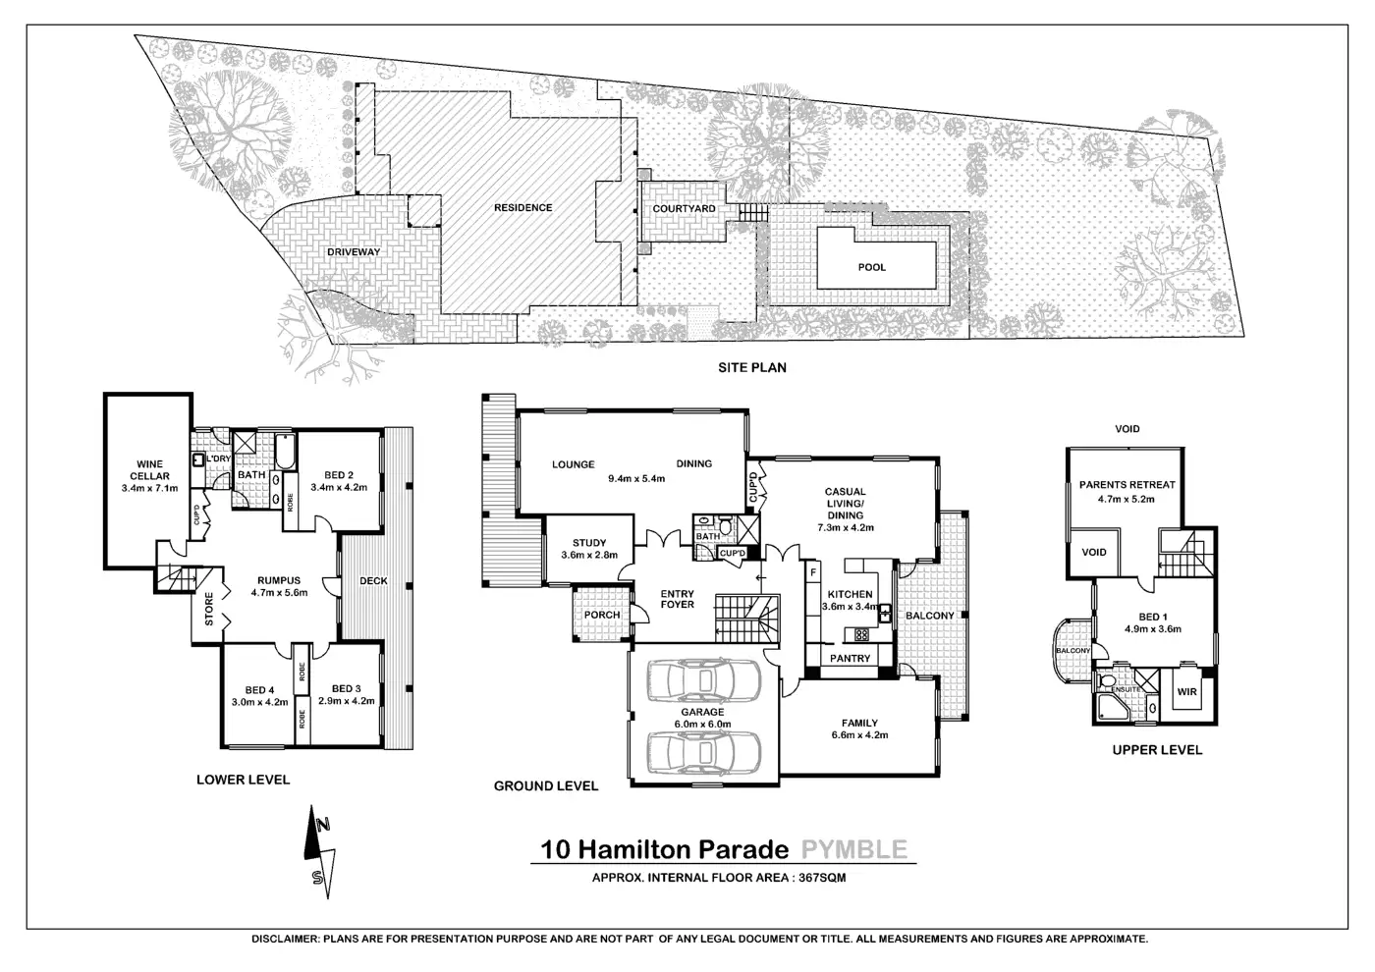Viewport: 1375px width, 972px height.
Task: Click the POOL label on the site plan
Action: (x=871, y=267)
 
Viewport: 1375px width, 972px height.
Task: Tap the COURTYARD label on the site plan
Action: (x=684, y=209)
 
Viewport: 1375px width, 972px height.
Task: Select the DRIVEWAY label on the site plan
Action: (x=353, y=252)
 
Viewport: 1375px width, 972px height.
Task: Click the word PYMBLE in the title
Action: (x=853, y=849)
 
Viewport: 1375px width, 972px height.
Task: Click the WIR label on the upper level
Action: (x=1187, y=692)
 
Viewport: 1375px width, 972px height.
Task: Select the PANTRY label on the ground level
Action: (x=851, y=658)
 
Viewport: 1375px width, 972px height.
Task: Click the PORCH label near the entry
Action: (x=602, y=616)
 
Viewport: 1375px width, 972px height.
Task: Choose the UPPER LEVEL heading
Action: (x=1156, y=750)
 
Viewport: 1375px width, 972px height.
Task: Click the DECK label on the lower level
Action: (x=373, y=581)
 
